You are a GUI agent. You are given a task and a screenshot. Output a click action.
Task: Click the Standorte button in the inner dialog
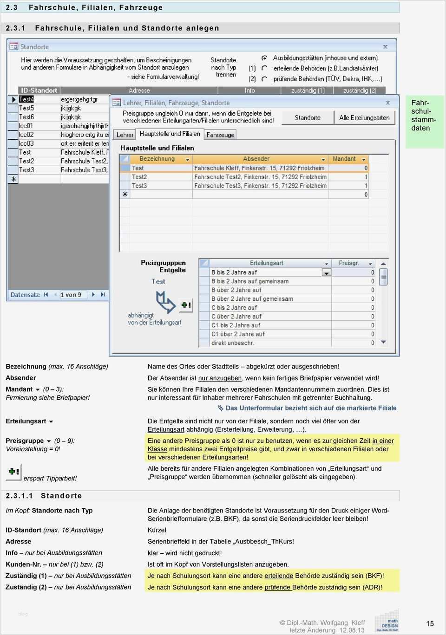[x=308, y=117]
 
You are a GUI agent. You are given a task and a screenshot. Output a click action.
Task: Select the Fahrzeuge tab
[x=220, y=135]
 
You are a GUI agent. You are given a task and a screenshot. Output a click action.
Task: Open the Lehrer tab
[x=125, y=135]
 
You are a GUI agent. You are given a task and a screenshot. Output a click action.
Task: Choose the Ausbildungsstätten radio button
[x=264, y=58]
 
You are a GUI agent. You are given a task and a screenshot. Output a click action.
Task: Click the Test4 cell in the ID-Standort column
[x=26, y=99]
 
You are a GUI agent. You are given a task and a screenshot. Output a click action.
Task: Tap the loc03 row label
[x=26, y=143]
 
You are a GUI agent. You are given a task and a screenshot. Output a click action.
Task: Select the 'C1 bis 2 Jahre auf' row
[x=236, y=325]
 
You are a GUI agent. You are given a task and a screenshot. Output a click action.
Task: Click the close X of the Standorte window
[x=385, y=46]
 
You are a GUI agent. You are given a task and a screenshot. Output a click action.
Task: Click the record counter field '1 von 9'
[x=71, y=295]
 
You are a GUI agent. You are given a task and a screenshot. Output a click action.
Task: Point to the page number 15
[x=430, y=623]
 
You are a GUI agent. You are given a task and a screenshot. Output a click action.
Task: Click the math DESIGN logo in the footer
[x=387, y=622]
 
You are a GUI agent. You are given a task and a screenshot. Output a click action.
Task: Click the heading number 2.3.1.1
[x=19, y=496]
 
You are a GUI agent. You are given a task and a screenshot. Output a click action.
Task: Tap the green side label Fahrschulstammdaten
[x=424, y=116]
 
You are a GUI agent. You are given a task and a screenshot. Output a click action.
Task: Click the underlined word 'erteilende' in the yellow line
[x=279, y=576]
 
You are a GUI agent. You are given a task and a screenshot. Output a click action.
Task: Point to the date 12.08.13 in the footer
[x=352, y=630]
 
